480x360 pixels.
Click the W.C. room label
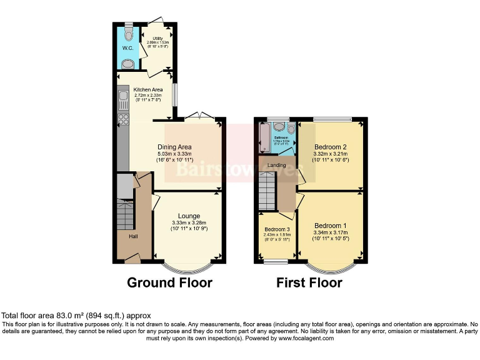point(127,47)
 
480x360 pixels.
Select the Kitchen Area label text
point(148,89)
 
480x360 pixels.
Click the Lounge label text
point(189,216)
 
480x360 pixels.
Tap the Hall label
point(134,236)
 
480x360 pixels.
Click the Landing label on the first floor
point(276,165)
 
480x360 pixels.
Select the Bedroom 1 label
point(330,226)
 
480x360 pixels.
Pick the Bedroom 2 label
point(331,147)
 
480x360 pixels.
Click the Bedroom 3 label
point(276,229)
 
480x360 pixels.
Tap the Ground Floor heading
point(169,282)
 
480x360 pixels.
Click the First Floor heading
point(309,282)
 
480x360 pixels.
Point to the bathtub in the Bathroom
point(263,137)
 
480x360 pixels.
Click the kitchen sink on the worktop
point(122,98)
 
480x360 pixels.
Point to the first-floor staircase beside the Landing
point(267,191)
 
